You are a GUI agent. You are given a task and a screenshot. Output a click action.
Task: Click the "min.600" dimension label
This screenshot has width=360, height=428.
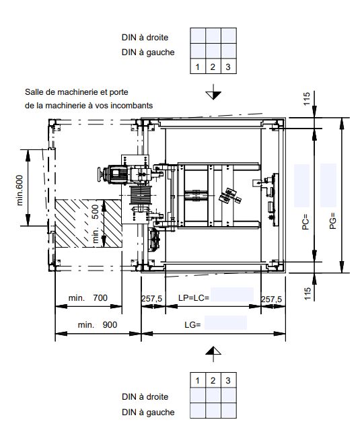pyautogui.click(x=20, y=190)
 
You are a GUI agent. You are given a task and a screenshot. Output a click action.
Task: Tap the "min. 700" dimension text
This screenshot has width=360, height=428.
pyautogui.click(x=88, y=297)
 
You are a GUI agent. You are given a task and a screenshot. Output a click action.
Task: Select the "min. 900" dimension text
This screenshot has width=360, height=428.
pyautogui.click(x=98, y=325)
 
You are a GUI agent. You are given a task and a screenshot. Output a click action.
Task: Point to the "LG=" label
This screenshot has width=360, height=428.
pyautogui.click(x=192, y=325)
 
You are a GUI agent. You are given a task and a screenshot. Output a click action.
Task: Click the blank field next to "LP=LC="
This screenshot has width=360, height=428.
pyautogui.click(x=232, y=295)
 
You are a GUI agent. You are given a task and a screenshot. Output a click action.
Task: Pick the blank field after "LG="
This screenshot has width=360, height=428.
pyautogui.click(x=225, y=322)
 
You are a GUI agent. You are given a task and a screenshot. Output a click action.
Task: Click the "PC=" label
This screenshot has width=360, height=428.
pyautogui.click(x=305, y=222)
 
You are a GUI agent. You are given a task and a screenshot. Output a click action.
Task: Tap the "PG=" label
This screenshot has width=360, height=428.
pyautogui.click(x=332, y=221)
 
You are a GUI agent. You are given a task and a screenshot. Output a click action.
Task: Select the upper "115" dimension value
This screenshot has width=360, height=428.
pyautogui.click(x=307, y=99)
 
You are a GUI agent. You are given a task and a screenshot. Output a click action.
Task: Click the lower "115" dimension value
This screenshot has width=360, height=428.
pyautogui.click(x=308, y=293)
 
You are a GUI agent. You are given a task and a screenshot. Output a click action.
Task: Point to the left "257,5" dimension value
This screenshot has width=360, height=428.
pyautogui.click(x=152, y=299)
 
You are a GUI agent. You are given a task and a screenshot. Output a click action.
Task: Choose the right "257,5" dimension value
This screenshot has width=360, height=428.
pyautogui.click(x=272, y=299)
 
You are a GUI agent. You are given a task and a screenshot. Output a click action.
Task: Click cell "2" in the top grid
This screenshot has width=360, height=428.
pyautogui.click(x=213, y=67)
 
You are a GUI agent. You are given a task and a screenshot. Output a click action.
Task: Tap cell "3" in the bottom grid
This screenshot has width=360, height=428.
pyautogui.click(x=228, y=380)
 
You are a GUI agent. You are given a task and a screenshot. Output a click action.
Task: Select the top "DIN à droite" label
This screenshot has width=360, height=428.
pyautogui.click(x=145, y=38)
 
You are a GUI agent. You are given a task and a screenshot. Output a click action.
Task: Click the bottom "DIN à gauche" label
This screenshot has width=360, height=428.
pyautogui.click(x=148, y=412)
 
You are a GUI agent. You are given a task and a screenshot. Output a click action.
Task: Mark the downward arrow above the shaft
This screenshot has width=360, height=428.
pyautogui.click(x=213, y=92)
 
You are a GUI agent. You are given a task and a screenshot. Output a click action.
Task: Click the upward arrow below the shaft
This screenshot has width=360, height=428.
pyautogui.click(x=213, y=354)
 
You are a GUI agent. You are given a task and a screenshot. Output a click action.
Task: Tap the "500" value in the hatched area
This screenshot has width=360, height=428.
pyautogui.click(x=95, y=212)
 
